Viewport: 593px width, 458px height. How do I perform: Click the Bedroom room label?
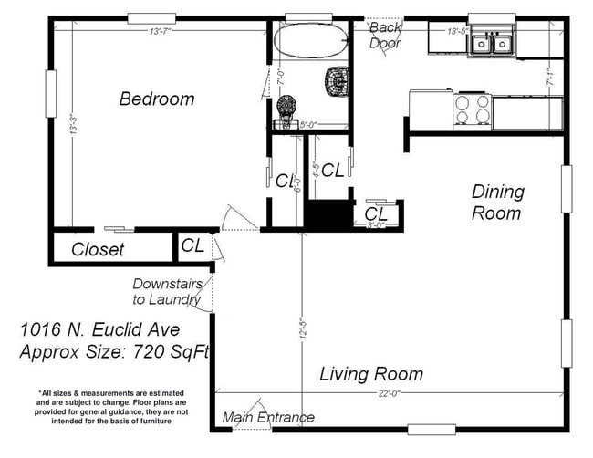156,99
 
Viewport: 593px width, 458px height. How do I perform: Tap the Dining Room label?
497,203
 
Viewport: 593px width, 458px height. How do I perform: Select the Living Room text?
370,374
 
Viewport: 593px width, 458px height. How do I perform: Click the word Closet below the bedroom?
98,249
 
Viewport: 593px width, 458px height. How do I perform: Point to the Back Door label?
385,35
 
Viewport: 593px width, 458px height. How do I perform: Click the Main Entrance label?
268,418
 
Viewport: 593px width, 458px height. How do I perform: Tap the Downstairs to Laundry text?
166,291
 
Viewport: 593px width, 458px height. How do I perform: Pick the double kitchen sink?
491,43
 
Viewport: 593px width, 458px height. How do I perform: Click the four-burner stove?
473,110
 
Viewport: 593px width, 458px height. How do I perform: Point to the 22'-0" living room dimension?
389,393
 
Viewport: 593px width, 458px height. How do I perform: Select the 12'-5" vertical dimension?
301,328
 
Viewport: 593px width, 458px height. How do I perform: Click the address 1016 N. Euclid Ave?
99,330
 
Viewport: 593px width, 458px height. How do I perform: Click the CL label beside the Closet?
192,245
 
